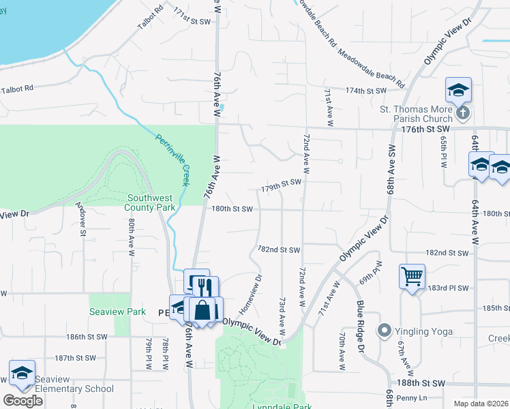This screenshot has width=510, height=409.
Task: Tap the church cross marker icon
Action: (463, 112)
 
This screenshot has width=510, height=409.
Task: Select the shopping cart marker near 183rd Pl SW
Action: (412, 277)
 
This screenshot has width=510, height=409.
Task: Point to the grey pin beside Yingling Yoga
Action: (385, 332)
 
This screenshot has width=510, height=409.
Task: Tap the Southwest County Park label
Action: (151, 203)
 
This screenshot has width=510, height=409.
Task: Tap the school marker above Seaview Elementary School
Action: (22, 373)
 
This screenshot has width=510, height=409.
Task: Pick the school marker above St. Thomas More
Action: (459, 90)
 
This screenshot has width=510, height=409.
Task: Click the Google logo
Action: (22, 401)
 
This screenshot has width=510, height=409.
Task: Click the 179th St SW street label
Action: (281, 183)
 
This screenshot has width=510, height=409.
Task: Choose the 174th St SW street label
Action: (365, 91)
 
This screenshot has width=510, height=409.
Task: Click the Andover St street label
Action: (82, 217)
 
